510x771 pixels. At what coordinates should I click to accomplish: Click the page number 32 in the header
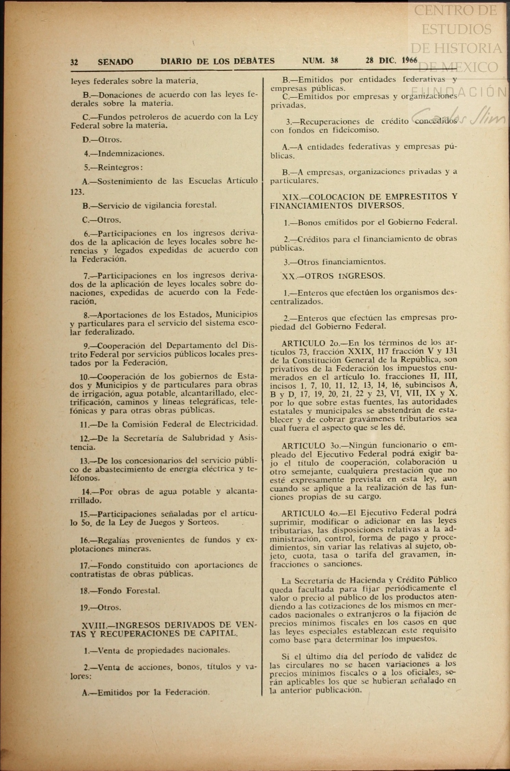point(74,62)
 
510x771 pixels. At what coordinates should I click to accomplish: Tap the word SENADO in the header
point(115,62)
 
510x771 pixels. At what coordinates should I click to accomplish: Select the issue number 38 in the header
point(334,61)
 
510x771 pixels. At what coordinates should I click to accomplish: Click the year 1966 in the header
point(409,61)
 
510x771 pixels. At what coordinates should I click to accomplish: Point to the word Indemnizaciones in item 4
point(131,153)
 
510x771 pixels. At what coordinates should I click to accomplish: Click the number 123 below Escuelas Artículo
point(76,192)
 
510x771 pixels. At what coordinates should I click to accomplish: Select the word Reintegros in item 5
point(118,167)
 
